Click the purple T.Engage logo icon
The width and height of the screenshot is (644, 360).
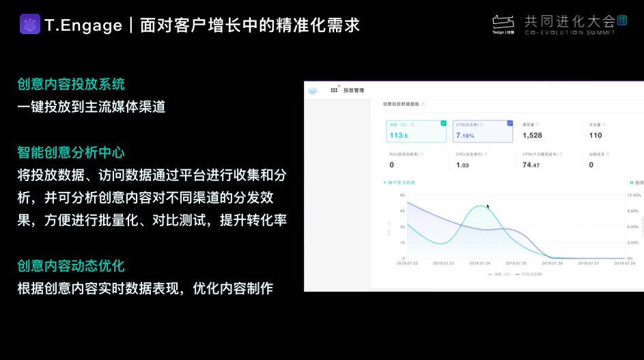click(x=30, y=25)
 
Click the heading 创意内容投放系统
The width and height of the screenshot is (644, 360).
click(x=71, y=84)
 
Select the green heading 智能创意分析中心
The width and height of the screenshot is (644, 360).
click(x=71, y=152)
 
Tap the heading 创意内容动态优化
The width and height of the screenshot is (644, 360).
click(x=71, y=266)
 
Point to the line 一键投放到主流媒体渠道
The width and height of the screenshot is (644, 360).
click(x=92, y=107)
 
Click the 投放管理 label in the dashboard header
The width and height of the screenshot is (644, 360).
click(x=354, y=90)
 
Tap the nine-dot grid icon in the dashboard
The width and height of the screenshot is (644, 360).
click(x=334, y=90)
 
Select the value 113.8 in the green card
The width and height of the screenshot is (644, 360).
click(x=398, y=135)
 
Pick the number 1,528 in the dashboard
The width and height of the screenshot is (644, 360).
click(x=532, y=135)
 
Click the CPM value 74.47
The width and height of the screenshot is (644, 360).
click(x=531, y=165)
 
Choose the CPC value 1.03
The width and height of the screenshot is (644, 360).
click(x=462, y=165)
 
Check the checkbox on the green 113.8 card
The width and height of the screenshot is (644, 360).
click(x=443, y=124)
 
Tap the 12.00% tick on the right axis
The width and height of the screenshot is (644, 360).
click(x=633, y=195)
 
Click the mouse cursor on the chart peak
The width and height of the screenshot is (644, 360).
click(x=488, y=206)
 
